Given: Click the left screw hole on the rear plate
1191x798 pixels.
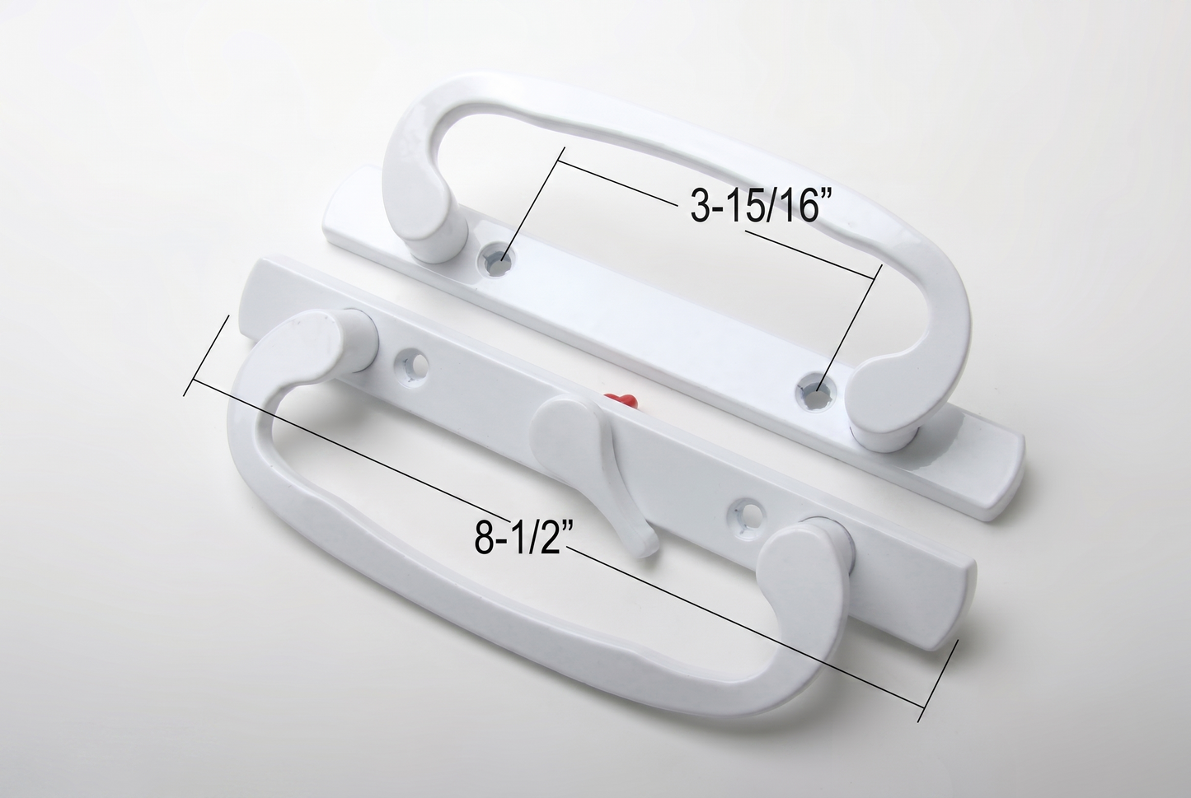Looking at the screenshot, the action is coord(499,259).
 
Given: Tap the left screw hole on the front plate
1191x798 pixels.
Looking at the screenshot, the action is coord(410,366).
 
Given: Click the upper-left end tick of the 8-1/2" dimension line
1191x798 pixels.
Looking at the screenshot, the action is coord(206,356).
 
